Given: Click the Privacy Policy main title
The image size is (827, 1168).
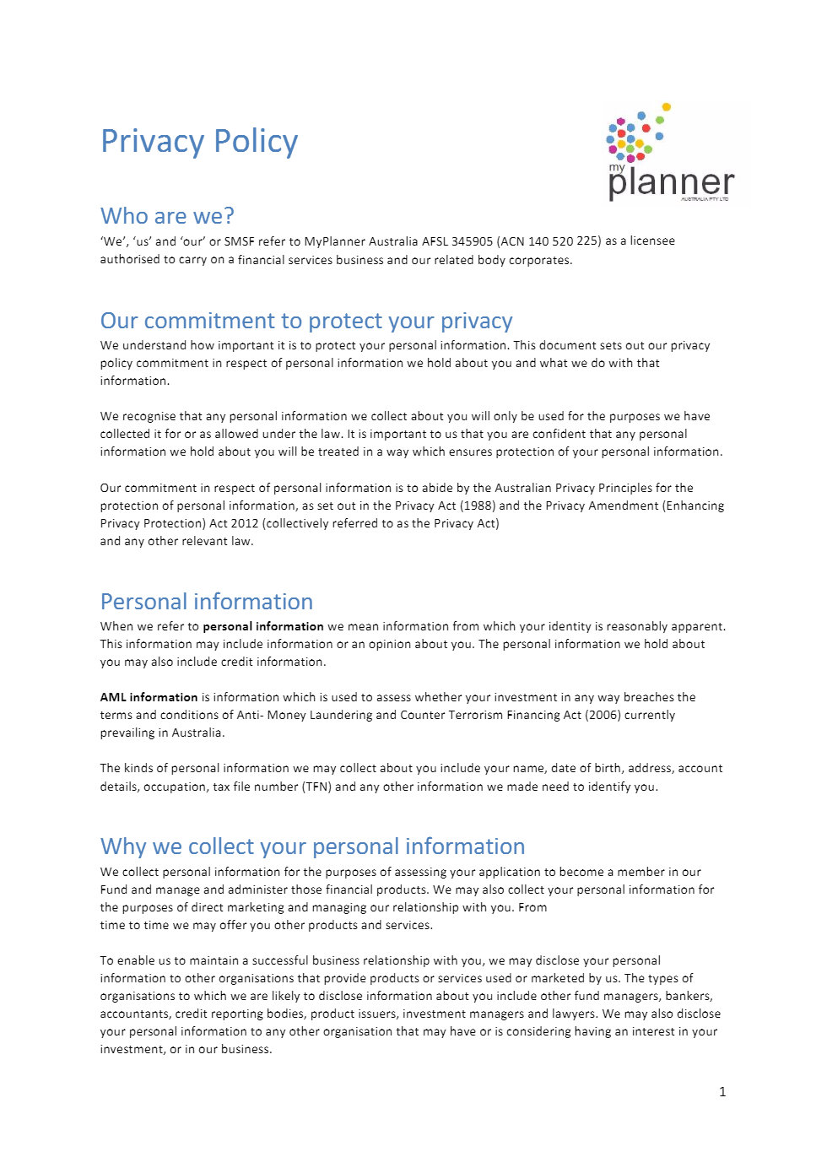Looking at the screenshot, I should point(199,142).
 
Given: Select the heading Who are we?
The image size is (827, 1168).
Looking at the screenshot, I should point(167,216).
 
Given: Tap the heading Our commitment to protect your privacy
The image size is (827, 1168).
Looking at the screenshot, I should point(306,321).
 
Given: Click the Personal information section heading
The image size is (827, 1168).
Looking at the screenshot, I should point(207,602).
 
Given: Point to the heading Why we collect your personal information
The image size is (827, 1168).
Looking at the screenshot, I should point(312,846).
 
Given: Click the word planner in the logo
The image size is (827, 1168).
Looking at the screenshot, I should point(671,182).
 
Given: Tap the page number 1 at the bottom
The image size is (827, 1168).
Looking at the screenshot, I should point(722,1092).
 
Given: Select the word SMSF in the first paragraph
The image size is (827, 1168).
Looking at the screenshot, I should point(239,241).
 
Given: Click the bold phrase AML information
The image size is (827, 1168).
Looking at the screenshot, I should point(149,697).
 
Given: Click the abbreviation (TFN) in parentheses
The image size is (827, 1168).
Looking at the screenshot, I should point(317,787).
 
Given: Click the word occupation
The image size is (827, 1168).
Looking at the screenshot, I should point(174,787).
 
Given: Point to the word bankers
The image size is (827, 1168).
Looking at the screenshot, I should point(688,996).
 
